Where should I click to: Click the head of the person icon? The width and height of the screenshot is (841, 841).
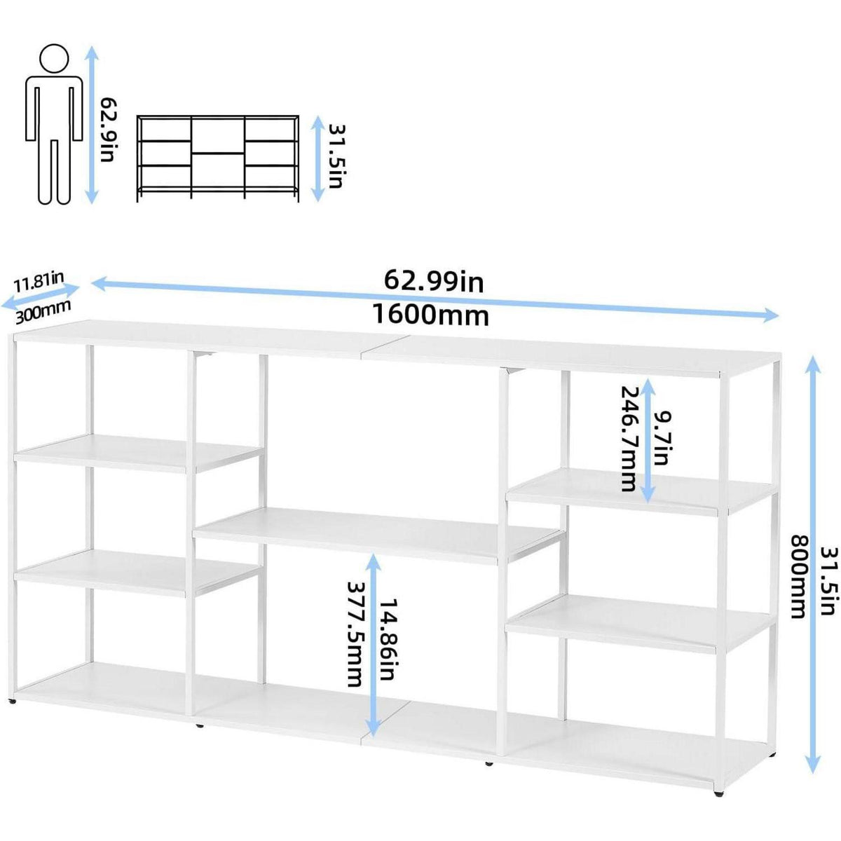[x=54, y=58]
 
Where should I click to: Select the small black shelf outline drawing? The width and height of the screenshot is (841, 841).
[x=218, y=158]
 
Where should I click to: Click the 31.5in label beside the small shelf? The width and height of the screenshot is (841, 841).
[x=336, y=156]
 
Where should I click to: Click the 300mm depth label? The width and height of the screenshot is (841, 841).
[x=43, y=312]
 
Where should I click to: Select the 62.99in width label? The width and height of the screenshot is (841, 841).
[x=434, y=281]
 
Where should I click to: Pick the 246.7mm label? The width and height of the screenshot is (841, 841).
[x=629, y=438]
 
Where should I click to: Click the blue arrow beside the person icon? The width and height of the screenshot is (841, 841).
[x=91, y=125]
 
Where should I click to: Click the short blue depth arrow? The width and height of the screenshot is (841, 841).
[x=40, y=296]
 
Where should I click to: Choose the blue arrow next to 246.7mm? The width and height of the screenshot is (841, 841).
[x=648, y=439]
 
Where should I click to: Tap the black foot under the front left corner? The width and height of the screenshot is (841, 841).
[x=14, y=702]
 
